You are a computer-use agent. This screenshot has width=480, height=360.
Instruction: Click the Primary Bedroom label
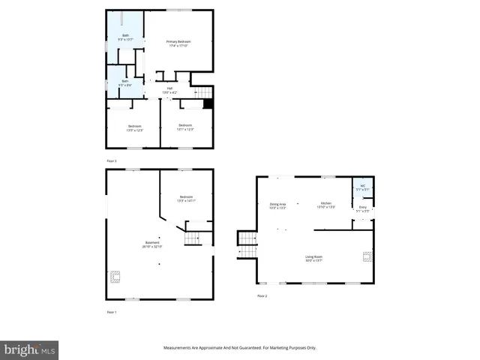click(178, 43)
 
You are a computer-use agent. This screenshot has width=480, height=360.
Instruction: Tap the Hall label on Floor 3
click(169, 89)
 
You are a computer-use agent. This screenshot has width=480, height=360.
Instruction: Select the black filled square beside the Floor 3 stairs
click(208, 104)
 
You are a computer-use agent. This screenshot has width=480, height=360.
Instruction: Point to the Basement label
click(153, 244)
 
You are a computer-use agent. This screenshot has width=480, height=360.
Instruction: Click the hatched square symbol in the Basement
click(115, 277)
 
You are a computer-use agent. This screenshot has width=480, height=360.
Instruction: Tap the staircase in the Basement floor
click(193, 238)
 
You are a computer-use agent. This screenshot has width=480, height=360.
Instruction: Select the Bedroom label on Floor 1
click(185, 199)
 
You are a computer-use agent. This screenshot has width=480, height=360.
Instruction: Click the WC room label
click(362, 187)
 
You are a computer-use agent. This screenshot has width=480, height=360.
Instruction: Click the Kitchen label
click(326, 205)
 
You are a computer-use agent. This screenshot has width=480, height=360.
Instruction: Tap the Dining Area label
click(277, 206)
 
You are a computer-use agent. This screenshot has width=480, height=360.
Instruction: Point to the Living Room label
click(313, 259)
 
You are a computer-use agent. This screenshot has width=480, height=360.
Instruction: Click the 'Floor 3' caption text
click(111, 160)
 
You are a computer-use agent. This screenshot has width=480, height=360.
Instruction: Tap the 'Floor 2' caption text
click(262, 296)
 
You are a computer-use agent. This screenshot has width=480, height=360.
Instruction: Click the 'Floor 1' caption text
click(111, 311)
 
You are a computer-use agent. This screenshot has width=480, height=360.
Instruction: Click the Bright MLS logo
click(30, 349)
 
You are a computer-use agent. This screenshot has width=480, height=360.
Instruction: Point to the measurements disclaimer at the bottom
click(240, 347)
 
